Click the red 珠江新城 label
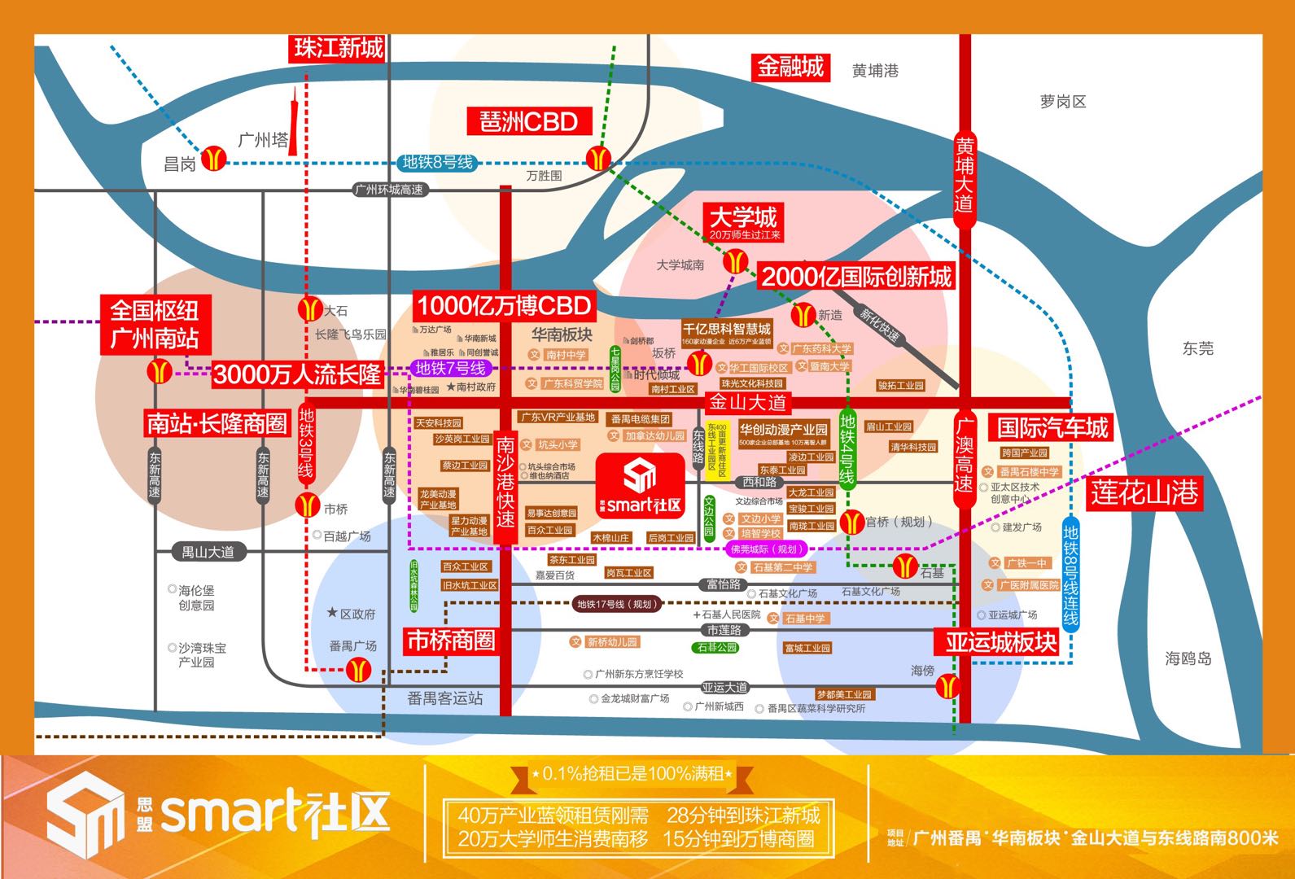pyautogui.click(x=339, y=48)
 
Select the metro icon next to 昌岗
pyautogui.click(x=214, y=158)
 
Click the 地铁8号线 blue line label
pyautogui.click(x=437, y=163)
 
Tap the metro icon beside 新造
pyautogui.click(x=803, y=315)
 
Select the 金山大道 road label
pyautogui.click(x=748, y=402)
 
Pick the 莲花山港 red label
pyautogui.click(x=1144, y=492)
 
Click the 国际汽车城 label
pyautogui.click(x=1052, y=428)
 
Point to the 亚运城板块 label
pyautogui.click(x=1000, y=642)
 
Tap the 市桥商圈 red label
pyautogui.click(x=450, y=641)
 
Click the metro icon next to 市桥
pyautogui.click(x=308, y=505)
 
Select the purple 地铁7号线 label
pyautogui.click(x=449, y=369)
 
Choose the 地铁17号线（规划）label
pyautogui.click(x=615, y=604)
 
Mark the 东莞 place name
pyautogui.click(x=1197, y=348)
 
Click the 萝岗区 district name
pyautogui.click(x=1062, y=102)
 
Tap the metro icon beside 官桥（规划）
pyautogui.click(x=851, y=522)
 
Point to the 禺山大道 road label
pyautogui.click(x=208, y=552)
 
